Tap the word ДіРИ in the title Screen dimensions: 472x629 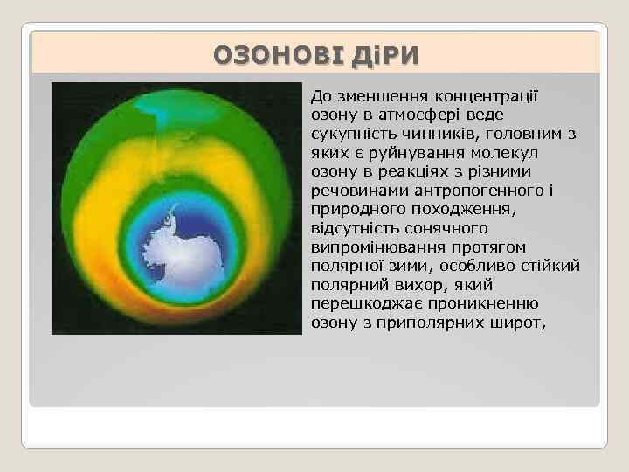[387, 57]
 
